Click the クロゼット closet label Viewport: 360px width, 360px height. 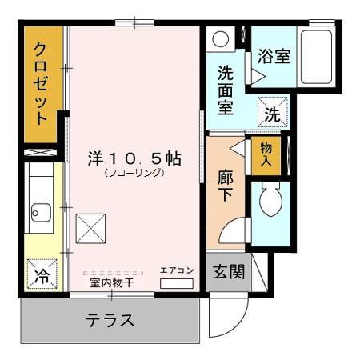(42, 82)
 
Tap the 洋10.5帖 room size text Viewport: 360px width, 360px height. (134, 158)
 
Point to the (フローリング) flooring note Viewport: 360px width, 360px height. (134, 173)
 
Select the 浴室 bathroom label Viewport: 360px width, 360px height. (274, 57)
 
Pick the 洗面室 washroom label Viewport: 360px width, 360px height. (226, 90)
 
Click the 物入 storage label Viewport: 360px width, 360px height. (266, 154)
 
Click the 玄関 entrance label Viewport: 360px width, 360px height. (227, 272)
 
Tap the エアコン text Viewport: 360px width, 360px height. (177, 270)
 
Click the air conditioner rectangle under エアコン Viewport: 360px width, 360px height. (177, 283)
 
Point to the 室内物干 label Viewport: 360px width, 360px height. (111, 283)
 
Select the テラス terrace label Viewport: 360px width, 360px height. (110, 322)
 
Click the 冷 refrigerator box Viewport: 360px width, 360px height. (41, 277)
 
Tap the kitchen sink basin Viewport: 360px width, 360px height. (39, 213)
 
